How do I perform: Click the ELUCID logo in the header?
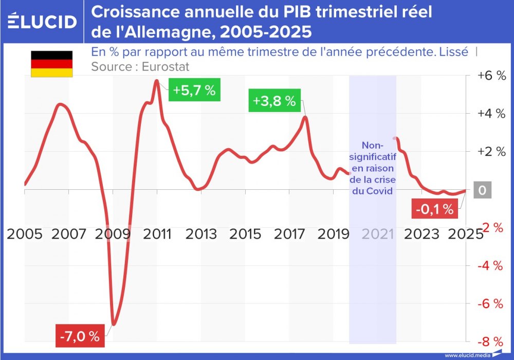[42, 22]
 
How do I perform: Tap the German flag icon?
[52, 64]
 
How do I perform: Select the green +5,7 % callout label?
[194, 91]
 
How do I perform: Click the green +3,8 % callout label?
[274, 101]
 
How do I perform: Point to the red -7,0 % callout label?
[80, 337]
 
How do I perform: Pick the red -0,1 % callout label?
[435, 209]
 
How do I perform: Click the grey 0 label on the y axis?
[482, 190]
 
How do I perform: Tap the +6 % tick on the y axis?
[491, 76]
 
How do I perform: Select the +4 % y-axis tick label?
[491, 114]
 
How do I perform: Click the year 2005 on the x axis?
[25, 234]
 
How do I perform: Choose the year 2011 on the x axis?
[157, 234]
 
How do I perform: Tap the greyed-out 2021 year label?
[377, 234]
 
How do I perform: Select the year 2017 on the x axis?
[289, 234]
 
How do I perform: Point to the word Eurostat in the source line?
[168, 67]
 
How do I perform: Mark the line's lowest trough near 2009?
[114, 324]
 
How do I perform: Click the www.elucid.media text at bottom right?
[467, 355]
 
